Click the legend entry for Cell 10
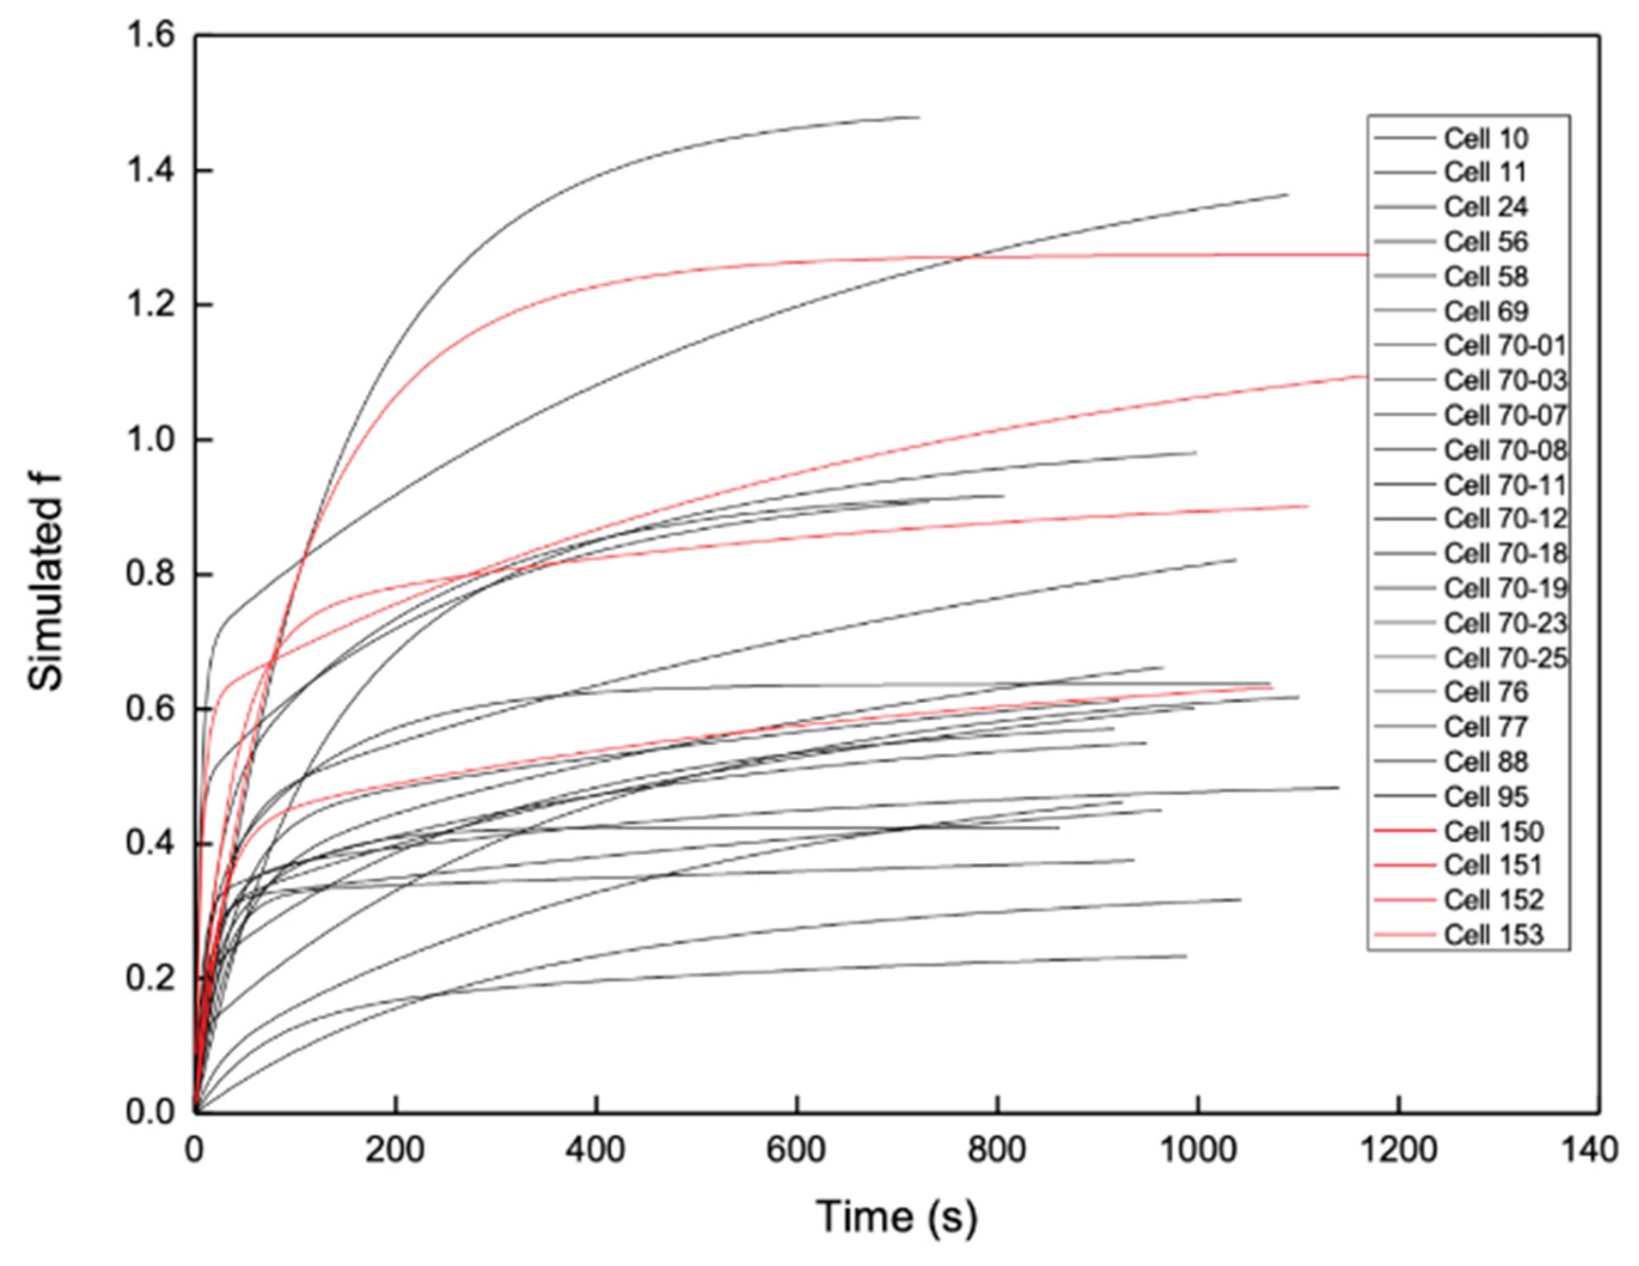click(1472, 139)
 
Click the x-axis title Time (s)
click(897, 1216)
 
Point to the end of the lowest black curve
click(1186, 956)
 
